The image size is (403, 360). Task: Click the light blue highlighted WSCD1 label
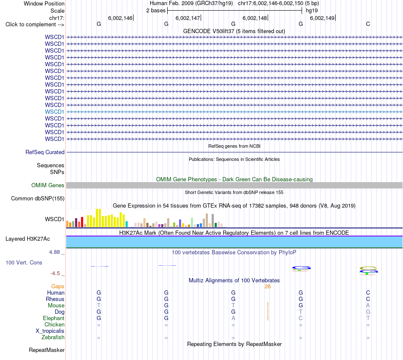(54, 112)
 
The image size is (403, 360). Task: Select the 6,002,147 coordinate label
(188, 18)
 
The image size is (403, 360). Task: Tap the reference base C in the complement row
(368, 24)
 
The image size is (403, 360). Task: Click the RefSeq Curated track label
(45, 152)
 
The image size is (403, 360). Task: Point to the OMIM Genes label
(48, 185)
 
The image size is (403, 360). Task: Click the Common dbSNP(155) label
(38, 199)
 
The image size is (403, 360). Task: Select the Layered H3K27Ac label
(28, 239)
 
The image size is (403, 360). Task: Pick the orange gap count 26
(268, 287)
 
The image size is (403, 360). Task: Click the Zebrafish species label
(53, 337)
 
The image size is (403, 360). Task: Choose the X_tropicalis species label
(50, 331)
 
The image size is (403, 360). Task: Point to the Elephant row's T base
(368, 318)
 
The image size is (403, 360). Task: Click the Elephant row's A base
(233, 318)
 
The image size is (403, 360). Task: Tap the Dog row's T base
(301, 312)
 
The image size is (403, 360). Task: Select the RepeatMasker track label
(47, 350)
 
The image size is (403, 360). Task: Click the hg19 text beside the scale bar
(312, 11)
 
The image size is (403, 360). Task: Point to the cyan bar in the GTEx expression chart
(126, 224)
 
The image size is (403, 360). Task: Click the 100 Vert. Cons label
(24, 262)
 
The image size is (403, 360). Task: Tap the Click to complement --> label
(35, 25)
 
